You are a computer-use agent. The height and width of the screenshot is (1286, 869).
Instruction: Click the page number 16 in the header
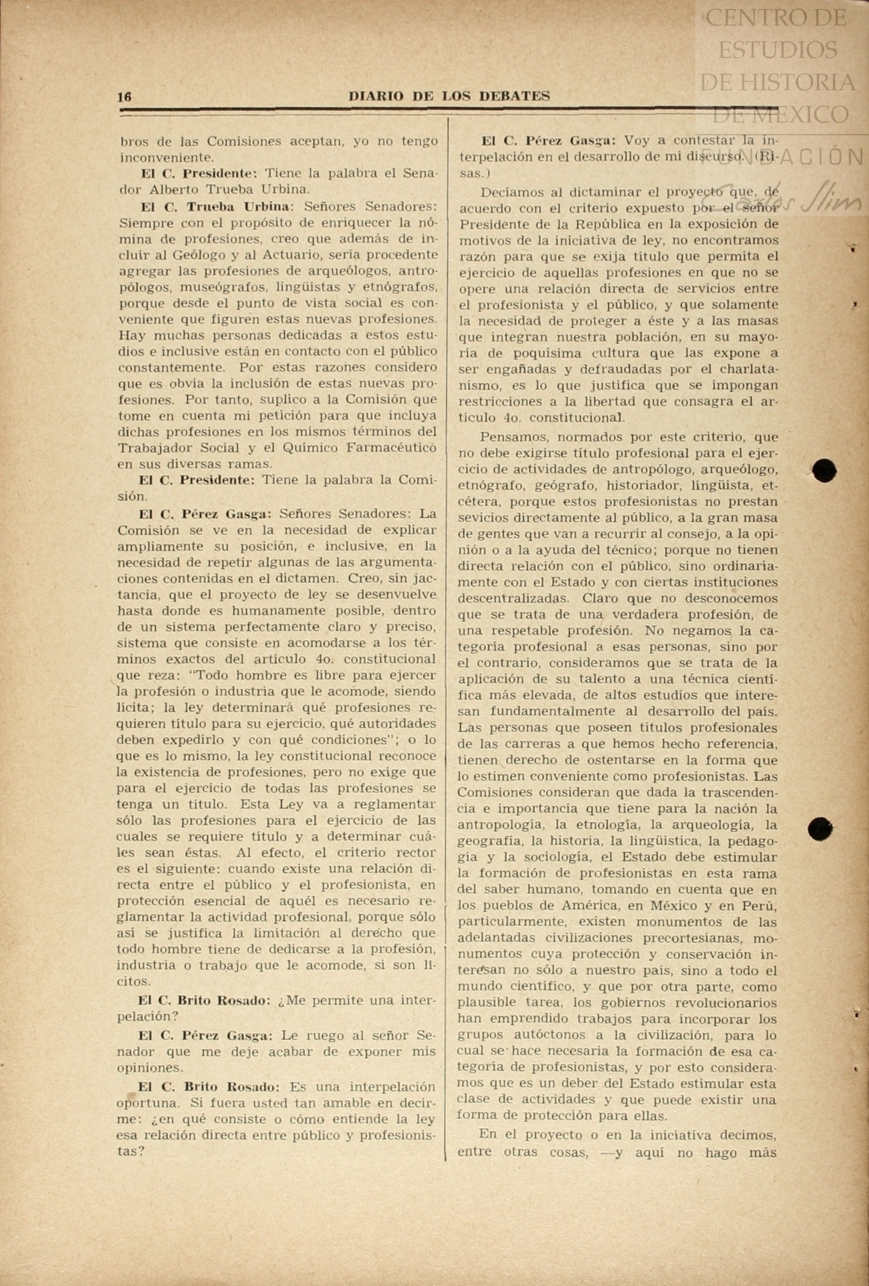point(125,97)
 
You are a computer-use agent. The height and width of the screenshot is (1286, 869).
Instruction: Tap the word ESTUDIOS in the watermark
point(777,50)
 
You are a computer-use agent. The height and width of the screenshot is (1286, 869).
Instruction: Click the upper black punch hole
point(825,471)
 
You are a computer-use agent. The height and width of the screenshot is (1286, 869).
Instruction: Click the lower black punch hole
point(820,829)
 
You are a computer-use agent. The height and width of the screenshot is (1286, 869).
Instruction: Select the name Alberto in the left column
point(174,190)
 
